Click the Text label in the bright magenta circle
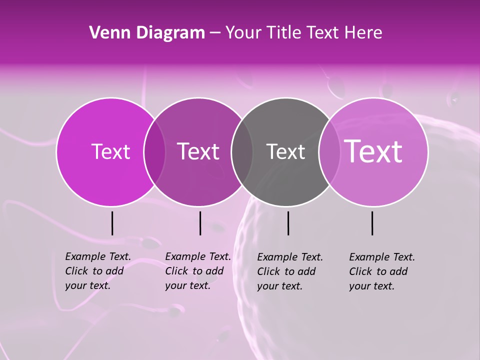click(110, 151)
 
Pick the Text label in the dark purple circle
click(198, 151)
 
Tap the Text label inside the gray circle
click(285, 151)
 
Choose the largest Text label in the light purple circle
click(373, 151)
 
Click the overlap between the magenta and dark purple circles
click(154, 152)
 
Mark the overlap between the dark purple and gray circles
click(242, 152)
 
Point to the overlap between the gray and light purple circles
click(329, 152)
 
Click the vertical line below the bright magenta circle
click(112, 223)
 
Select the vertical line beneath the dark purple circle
click(200, 223)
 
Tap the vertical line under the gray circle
click(288, 223)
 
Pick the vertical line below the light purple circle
click(372, 223)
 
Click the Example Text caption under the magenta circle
click(97, 271)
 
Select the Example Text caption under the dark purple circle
click(197, 271)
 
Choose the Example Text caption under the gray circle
click(289, 271)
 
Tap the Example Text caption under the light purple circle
click(381, 271)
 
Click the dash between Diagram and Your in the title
click(215, 33)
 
